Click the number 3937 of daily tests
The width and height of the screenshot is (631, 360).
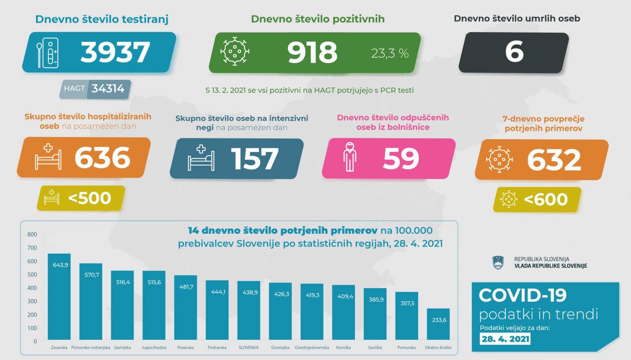pyautogui.click(x=115, y=52)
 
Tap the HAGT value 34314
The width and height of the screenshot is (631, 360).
pyautogui.click(x=107, y=89)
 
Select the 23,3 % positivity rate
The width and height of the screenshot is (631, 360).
pyautogui.click(x=390, y=53)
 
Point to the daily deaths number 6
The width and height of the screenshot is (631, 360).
pyautogui.click(x=514, y=52)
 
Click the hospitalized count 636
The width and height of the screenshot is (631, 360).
pyautogui.click(x=103, y=158)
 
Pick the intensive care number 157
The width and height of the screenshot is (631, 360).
pyautogui.click(x=255, y=159)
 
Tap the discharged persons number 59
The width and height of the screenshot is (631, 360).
pyautogui.click(x=401, y=159)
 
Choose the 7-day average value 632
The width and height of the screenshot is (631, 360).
pyautogui.click(x=554, y=160)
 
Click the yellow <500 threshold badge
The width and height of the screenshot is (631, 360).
pyautogui.click(x=81, y=198)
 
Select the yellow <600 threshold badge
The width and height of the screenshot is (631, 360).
pyautogui.click(x=537, y=199)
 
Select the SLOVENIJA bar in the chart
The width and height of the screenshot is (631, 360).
pyautogui.click(x=248, y=311)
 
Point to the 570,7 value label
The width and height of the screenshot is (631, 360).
pyautogui.click(x=91, y=274)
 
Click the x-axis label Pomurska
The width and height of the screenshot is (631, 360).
pyautogui.click(x=406, y=348)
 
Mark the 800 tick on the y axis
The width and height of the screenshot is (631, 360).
pyautogui.click(x=32, y=234)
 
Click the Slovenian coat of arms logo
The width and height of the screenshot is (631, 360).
pyautogui.click(x=498, y=262)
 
